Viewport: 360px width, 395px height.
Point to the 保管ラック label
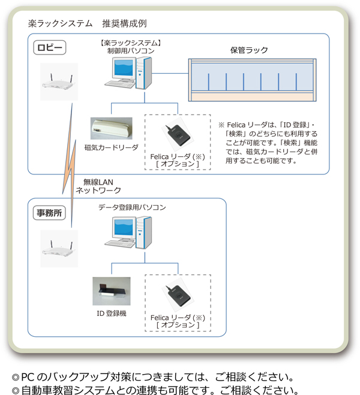coord(250,50)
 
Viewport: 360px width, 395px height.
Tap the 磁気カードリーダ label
coord(112,147)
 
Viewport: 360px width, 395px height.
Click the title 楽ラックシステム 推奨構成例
coord(88,24)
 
